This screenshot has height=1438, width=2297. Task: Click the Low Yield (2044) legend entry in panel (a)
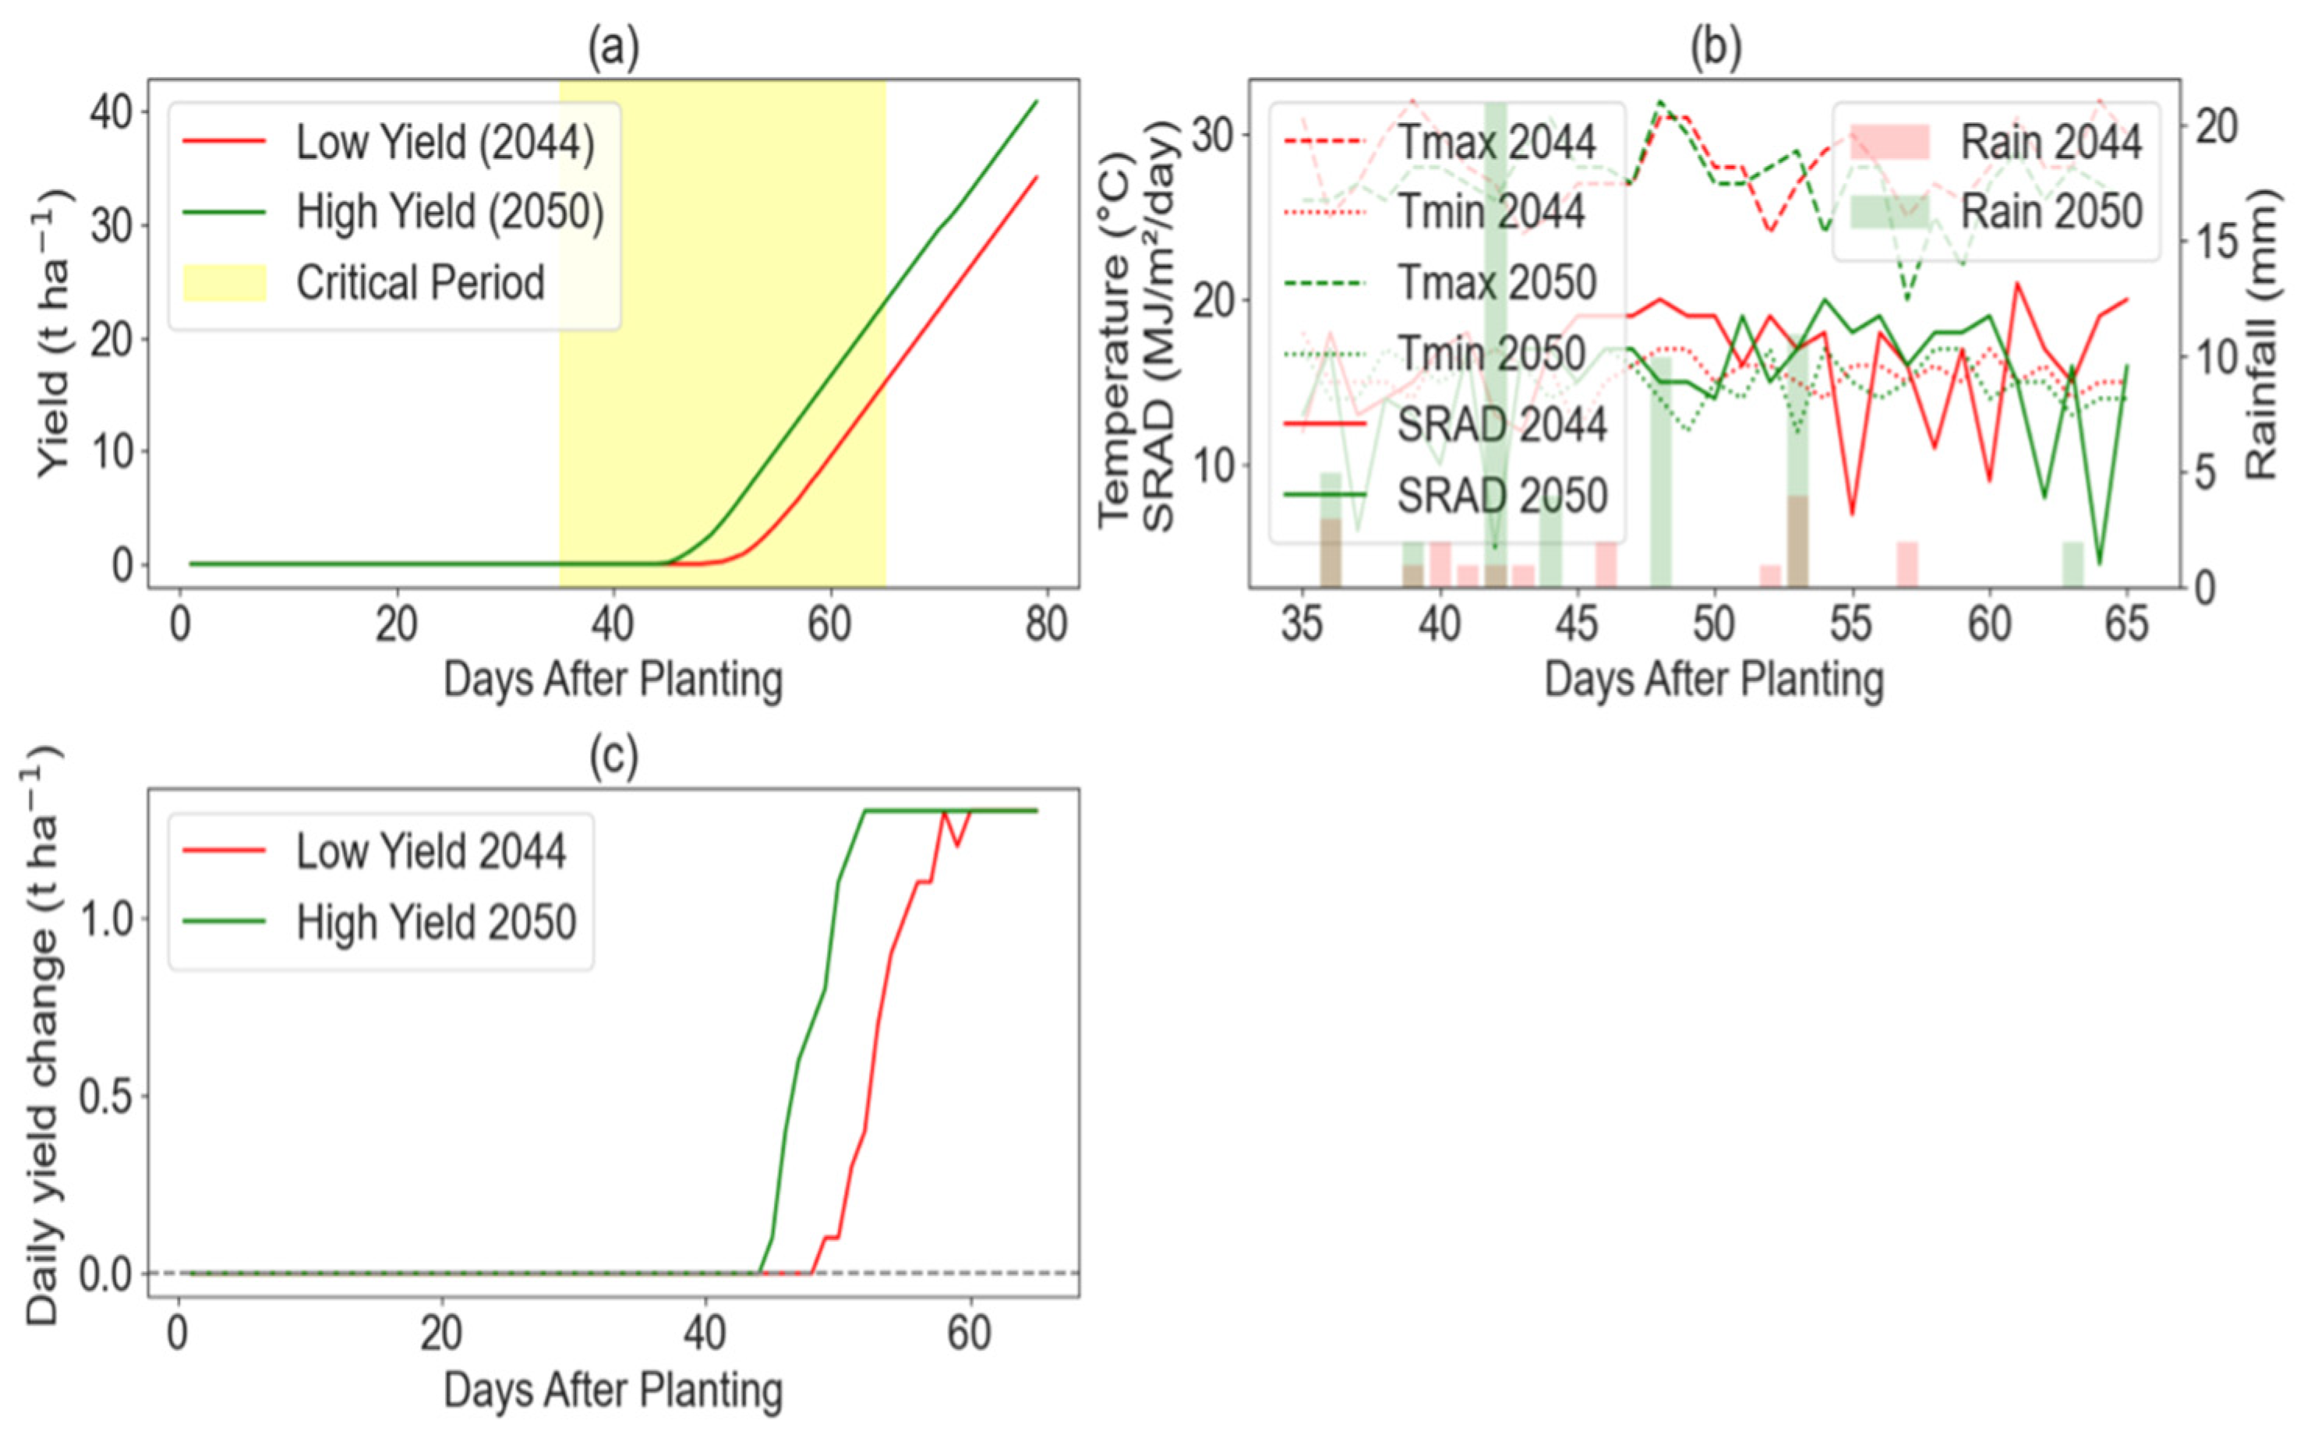coord(389,143)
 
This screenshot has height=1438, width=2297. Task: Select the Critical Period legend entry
coord(364,282)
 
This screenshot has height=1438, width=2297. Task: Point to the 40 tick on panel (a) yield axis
coord(111,113)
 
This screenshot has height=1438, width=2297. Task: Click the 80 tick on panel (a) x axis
coord(1046,625)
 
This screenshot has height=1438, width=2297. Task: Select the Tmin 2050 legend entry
coord(1434,354)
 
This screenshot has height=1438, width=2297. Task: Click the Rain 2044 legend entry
coord(1995,143)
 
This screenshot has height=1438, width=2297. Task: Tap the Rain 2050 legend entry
coord(1995,211)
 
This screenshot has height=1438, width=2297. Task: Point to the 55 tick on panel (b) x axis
coord(1851,625)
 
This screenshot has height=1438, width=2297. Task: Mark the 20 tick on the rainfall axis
coord(2217,126)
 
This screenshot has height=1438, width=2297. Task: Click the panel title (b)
coord(1715,48)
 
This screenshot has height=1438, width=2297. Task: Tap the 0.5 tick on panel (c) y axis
coord(105,1097)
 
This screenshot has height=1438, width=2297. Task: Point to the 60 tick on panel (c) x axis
coord(969,1334)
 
